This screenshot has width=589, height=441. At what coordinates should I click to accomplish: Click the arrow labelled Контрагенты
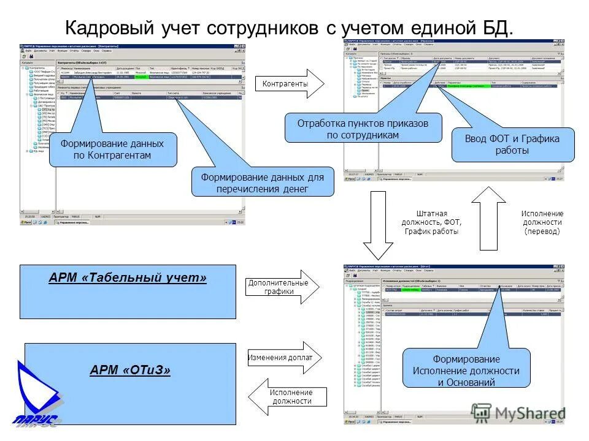click(288, 83)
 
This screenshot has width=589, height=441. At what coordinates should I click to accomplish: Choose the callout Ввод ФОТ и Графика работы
click(513, 145)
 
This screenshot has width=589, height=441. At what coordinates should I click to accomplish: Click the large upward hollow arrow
click(488, 217)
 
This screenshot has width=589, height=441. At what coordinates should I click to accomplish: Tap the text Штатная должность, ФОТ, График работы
click(431, 222)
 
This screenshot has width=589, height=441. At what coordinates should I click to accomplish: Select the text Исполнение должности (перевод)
click(542, 222)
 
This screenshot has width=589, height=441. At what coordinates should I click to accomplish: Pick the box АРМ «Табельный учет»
click(128, 292)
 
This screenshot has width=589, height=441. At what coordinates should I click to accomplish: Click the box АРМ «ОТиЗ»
click(129, 383)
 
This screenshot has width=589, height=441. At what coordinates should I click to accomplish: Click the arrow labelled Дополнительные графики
click(281, 287)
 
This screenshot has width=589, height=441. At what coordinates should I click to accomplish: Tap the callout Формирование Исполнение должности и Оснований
click(466, 371)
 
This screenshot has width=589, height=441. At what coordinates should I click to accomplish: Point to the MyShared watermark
click(518, 413)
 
